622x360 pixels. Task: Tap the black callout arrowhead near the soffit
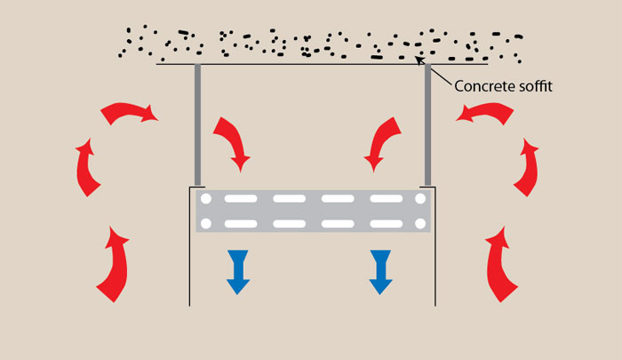coord(419,61)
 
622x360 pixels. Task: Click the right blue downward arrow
coord(382,271)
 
